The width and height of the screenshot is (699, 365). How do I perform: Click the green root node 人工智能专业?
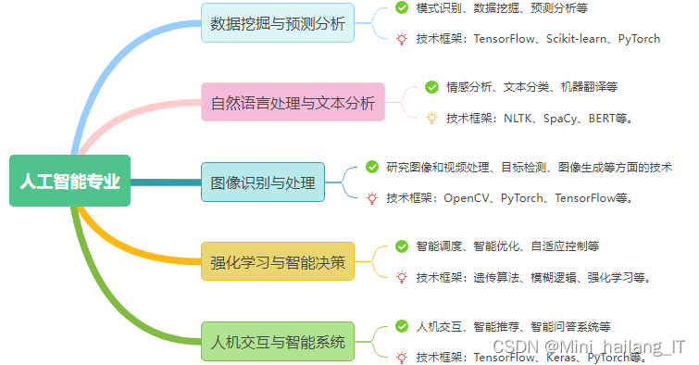point(69,182)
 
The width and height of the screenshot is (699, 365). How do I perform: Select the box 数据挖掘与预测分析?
point(277,24)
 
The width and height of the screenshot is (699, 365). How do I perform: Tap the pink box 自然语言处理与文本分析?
point(293,102)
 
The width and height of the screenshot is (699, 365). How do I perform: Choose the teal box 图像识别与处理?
point(263,182)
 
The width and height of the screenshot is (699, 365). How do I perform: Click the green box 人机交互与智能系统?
point(277,340)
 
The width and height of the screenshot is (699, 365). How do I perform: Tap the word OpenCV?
point(469,197)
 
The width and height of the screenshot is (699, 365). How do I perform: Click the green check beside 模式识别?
point(402,7)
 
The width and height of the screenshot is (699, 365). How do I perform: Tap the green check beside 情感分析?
point(431,86)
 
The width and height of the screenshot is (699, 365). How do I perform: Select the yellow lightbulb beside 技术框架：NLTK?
point(431,118)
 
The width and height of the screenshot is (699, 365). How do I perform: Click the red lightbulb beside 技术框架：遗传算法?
point(402,276)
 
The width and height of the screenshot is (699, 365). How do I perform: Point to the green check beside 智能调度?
point(402,245)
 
